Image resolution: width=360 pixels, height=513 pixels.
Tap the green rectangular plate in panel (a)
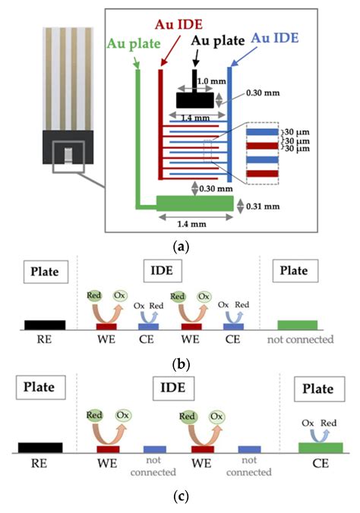[195, 203]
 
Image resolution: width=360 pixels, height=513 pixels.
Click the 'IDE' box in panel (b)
[181, 270]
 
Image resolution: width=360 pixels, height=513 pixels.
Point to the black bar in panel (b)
[45, 325]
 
